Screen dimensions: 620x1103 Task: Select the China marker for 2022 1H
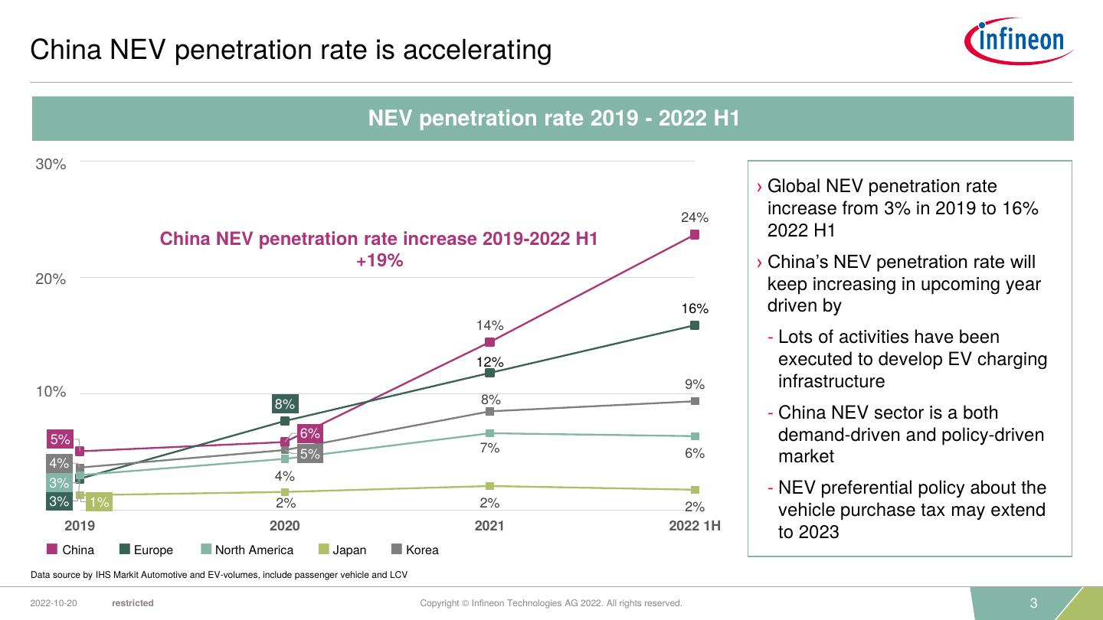point(694,235)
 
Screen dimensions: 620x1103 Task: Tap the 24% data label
point(695,217)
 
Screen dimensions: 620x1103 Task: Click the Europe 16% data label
point(695,309)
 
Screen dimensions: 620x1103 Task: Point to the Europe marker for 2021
point(490,373)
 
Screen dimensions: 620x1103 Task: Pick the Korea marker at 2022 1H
point(694,401)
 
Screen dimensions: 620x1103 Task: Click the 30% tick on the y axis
point(51,165)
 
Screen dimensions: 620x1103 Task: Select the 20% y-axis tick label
point(51,279)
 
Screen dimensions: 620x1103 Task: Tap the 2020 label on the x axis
point(285,526)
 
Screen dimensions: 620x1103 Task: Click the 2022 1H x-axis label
point(694,526)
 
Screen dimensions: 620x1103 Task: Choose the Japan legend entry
point(342,550)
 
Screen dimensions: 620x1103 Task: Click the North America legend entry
point(247,550)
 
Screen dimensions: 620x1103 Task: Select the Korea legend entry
point(415,550)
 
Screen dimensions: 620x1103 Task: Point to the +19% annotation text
point(379,261)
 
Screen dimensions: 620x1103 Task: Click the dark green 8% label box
point(285,403)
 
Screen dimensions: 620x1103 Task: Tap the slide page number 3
point(1033,603)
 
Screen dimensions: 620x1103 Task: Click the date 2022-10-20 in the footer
point(54,603)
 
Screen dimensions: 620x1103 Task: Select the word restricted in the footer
point(133,603)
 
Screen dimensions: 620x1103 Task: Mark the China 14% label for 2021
point(490,325)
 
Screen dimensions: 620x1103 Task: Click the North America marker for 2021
point(490,433)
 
